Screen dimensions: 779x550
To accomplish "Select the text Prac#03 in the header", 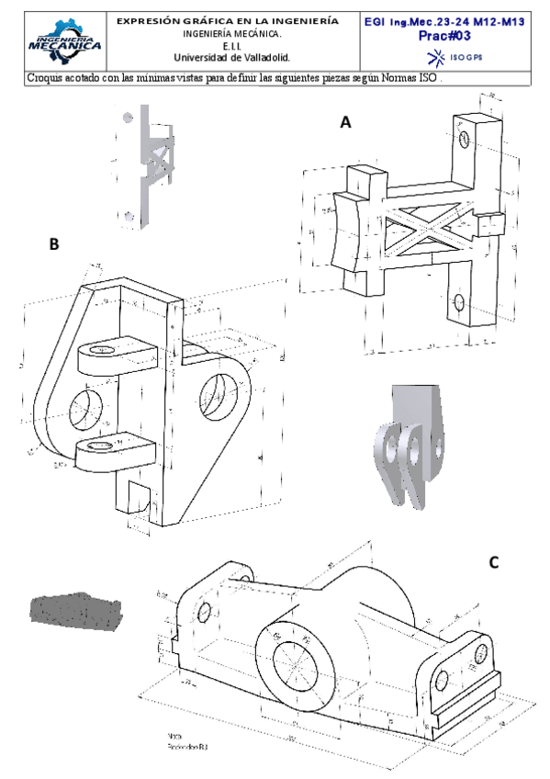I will pyautogui.click(x=445, y=36).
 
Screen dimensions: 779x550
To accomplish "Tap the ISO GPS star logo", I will pyautogui.click(x=437, y=57).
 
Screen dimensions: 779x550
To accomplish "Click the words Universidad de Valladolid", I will pyautogui.click(x=238, y=57).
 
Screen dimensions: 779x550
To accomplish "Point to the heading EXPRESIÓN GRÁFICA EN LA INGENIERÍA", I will pyautogui.click(x=239, y=20).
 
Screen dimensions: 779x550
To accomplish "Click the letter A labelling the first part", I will pyautogui.click(x=345, y=121).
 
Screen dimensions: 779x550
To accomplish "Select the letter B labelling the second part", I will pyautogui.click(x=54, y=244).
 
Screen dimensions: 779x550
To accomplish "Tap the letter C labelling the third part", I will pyautogui.click(x=493, y=562).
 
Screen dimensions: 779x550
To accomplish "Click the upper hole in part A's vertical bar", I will pyautogui.click(x=465, y=138).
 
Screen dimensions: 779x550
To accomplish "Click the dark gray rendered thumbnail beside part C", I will pyautogui.click(x=75, y=609).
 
